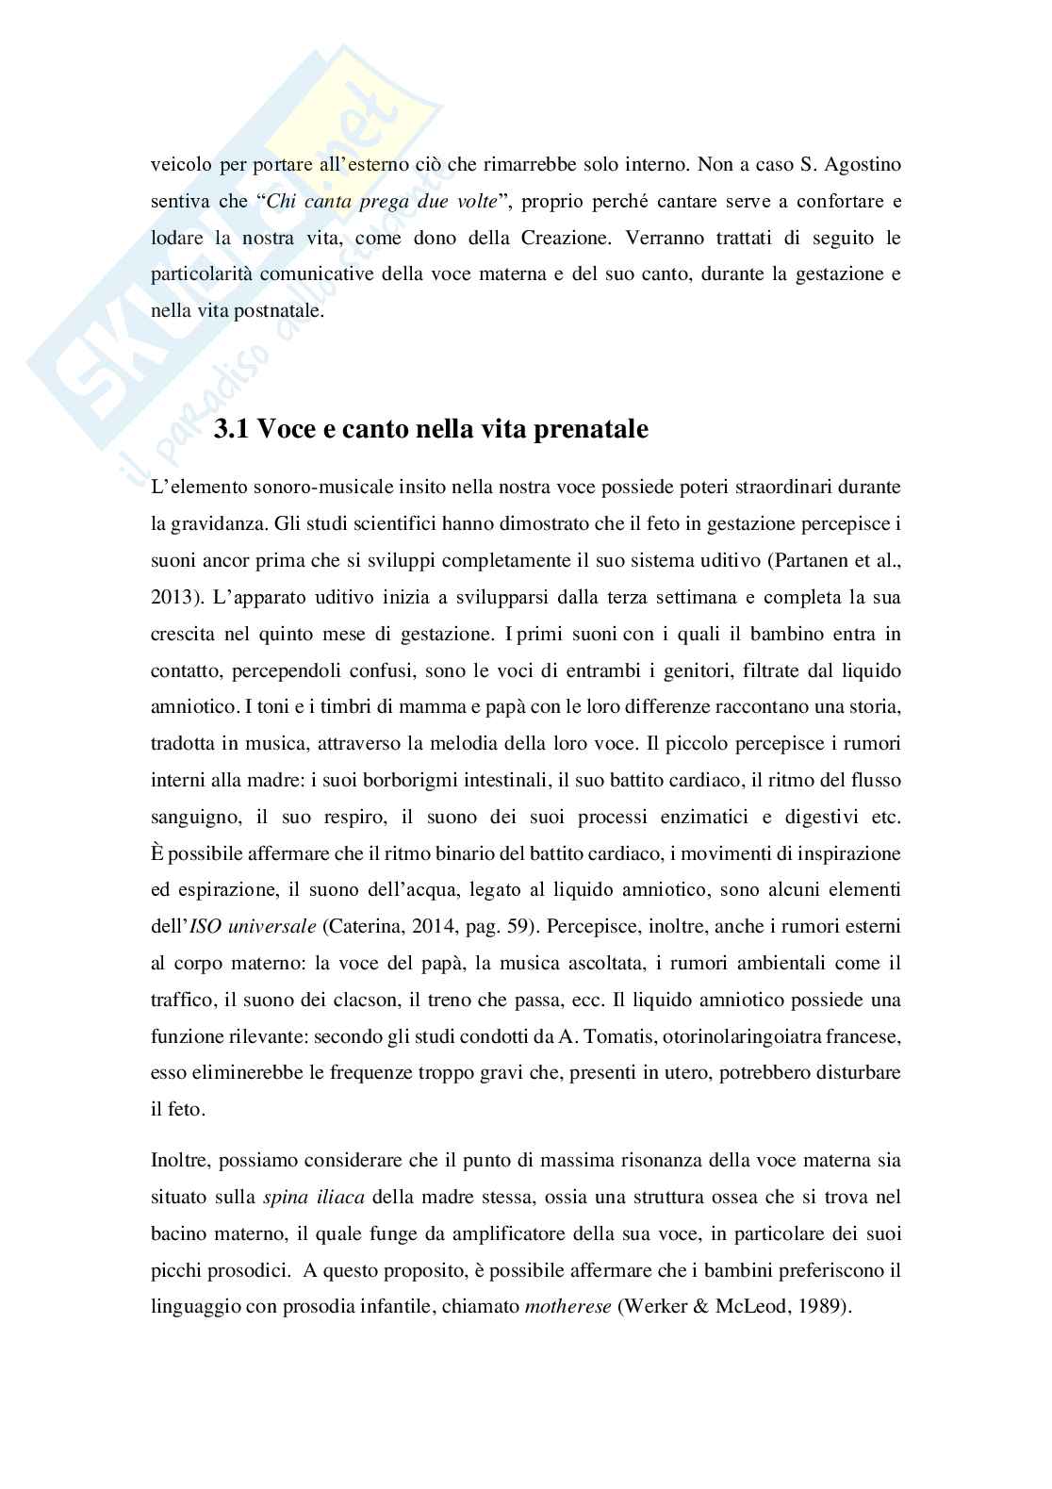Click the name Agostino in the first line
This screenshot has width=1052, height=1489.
coord(863,165)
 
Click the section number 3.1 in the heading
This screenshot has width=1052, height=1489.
coord(233,430)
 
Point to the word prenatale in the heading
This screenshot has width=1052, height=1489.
coord(594,430)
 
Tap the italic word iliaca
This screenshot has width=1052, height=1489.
coord(340,1198)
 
